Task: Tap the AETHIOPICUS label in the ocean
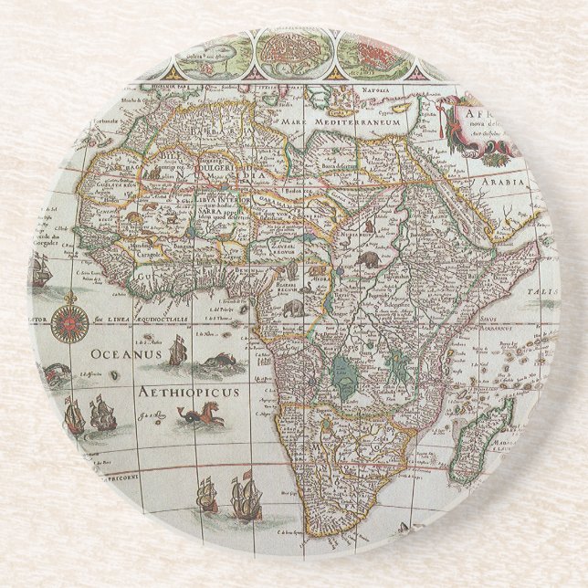188,392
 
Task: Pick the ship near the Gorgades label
39,270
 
